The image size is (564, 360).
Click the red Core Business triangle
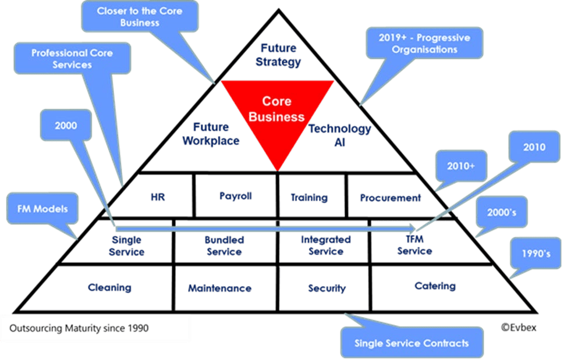(277, 113)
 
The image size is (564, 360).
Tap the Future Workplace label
(211, 134)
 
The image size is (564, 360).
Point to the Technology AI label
(340, 135)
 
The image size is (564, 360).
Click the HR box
(158, 197)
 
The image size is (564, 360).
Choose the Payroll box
(235, 196)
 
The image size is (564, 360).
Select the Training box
(309, 198)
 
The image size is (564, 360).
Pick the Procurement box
(389, 198)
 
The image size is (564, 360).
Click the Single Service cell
(126, 245)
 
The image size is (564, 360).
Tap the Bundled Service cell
(224, 245)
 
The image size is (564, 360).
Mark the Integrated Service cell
(326, 245)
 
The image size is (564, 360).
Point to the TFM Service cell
(414, 245)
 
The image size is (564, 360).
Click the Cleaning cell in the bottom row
(109, 287)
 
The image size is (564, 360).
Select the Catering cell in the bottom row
(435, 286)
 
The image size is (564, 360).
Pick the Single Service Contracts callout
(412, 343)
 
